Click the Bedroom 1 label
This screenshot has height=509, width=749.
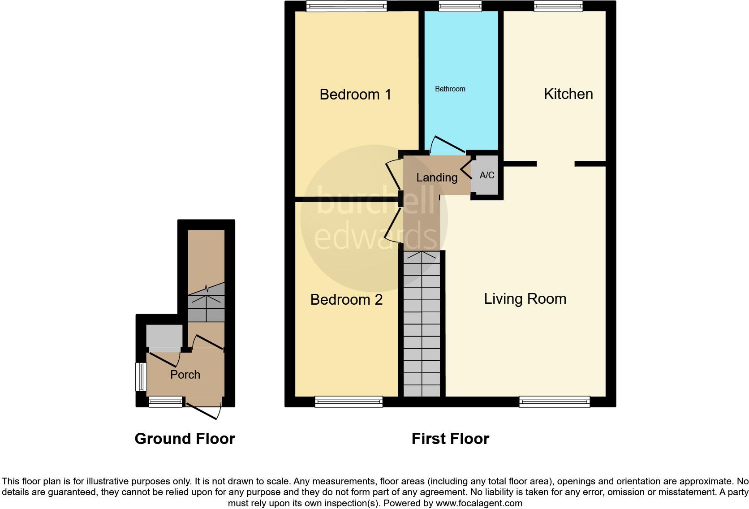coord(355,95)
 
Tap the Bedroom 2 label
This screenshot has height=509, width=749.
coord(346,299)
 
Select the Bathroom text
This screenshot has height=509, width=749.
coord(450,89)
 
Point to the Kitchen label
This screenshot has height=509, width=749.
coord(568,94)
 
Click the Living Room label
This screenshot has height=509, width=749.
coord(525,299)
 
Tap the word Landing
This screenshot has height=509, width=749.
coord(437,177)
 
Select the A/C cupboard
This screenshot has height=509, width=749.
coord(487,175)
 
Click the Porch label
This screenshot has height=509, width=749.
coord(185,375)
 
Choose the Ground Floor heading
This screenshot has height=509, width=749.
coord(185,439)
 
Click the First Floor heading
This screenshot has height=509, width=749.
coord(450,439)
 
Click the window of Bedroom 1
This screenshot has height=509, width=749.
coord(346,6)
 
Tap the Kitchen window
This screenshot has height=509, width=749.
coord(558,6)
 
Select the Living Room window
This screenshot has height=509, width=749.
coord(554,401)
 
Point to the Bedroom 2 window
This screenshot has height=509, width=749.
coord(349,401)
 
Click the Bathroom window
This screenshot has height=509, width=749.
coord(460,6)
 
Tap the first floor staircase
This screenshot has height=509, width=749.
coord(422,325)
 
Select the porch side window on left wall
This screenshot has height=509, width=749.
coord(142,376)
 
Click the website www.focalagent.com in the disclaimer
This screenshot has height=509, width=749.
coord(478,503)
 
